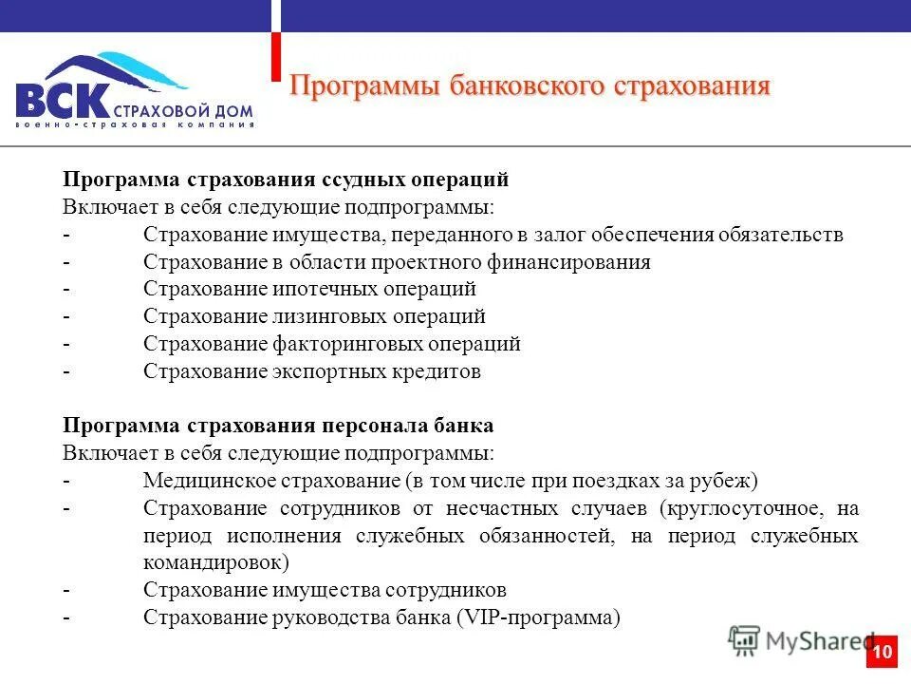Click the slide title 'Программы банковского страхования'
click(x=529, y=85)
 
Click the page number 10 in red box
click(x=882, y=652)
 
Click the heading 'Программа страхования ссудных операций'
click(x=286, y=180)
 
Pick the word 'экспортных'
click(x=328, y=371)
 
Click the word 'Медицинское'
click(x=202, y=480)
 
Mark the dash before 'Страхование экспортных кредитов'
click(x=66, y=371)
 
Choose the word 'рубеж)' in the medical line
click(x=727, y=480)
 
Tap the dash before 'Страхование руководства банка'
click(x=66, y=617)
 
